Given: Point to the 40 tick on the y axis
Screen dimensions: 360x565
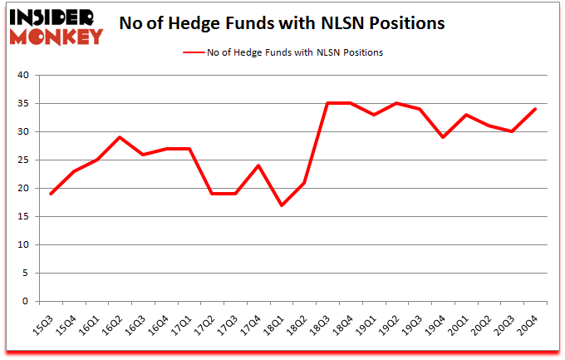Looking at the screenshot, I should click(22, 76).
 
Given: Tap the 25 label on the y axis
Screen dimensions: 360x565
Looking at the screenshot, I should click(22, 160).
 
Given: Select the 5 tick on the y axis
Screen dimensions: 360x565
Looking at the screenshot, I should click(25, 274).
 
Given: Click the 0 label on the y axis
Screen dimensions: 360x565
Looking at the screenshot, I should click(25, 302).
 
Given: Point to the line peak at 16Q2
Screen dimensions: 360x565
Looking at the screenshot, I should click(120, 137).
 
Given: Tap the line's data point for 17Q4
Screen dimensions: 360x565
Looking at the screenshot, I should click(259, 165).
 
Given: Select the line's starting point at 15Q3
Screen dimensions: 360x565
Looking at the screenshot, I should click(51, 194).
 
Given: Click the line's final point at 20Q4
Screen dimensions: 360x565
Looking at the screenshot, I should click(535, 109).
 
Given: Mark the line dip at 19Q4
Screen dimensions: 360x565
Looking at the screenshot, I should click(443, 137).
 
